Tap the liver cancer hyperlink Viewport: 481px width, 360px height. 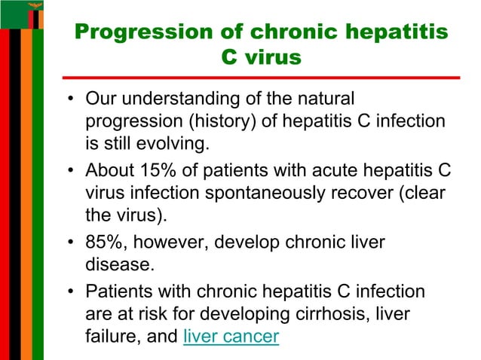[231, 337]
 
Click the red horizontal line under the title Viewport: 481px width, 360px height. [261, 76]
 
